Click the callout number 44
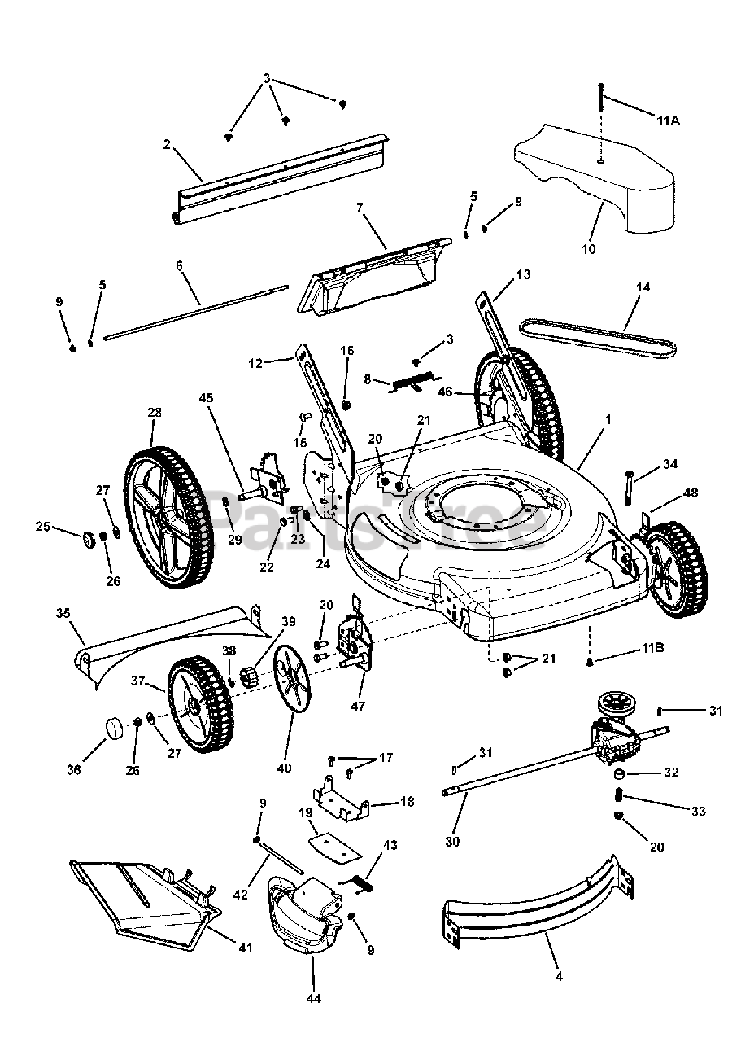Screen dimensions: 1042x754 (314, 998)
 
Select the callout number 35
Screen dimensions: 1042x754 (63, 612)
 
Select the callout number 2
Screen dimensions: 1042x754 (167, 144)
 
